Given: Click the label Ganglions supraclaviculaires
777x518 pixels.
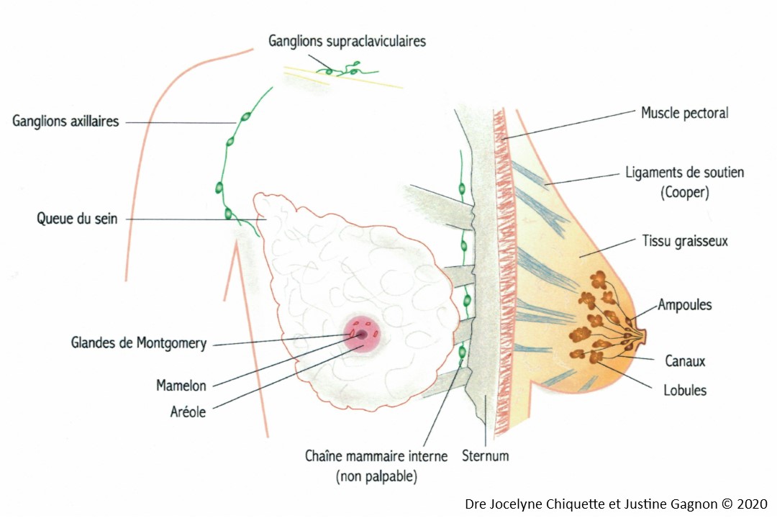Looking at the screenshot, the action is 347,41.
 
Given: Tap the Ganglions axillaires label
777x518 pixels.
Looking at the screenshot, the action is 65,122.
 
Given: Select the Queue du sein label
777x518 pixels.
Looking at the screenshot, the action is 77,219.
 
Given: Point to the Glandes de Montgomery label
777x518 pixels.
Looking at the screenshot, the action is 139,343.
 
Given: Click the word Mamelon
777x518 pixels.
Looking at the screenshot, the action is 181,385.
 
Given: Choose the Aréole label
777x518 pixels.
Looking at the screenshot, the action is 188,412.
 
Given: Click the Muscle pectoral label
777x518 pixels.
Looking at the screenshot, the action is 685,113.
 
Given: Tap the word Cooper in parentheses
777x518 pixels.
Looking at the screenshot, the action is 685,192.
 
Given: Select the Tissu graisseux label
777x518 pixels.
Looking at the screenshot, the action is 685,242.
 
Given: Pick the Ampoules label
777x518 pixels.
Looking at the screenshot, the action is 685,305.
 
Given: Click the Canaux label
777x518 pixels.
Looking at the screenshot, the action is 685,361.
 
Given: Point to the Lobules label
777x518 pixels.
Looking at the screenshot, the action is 685,390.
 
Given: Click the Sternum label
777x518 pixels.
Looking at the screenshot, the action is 485,455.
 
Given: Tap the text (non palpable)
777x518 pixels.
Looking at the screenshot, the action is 376,477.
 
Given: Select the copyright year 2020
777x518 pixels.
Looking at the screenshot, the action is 752,504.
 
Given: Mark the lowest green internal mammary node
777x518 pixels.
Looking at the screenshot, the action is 462,353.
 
